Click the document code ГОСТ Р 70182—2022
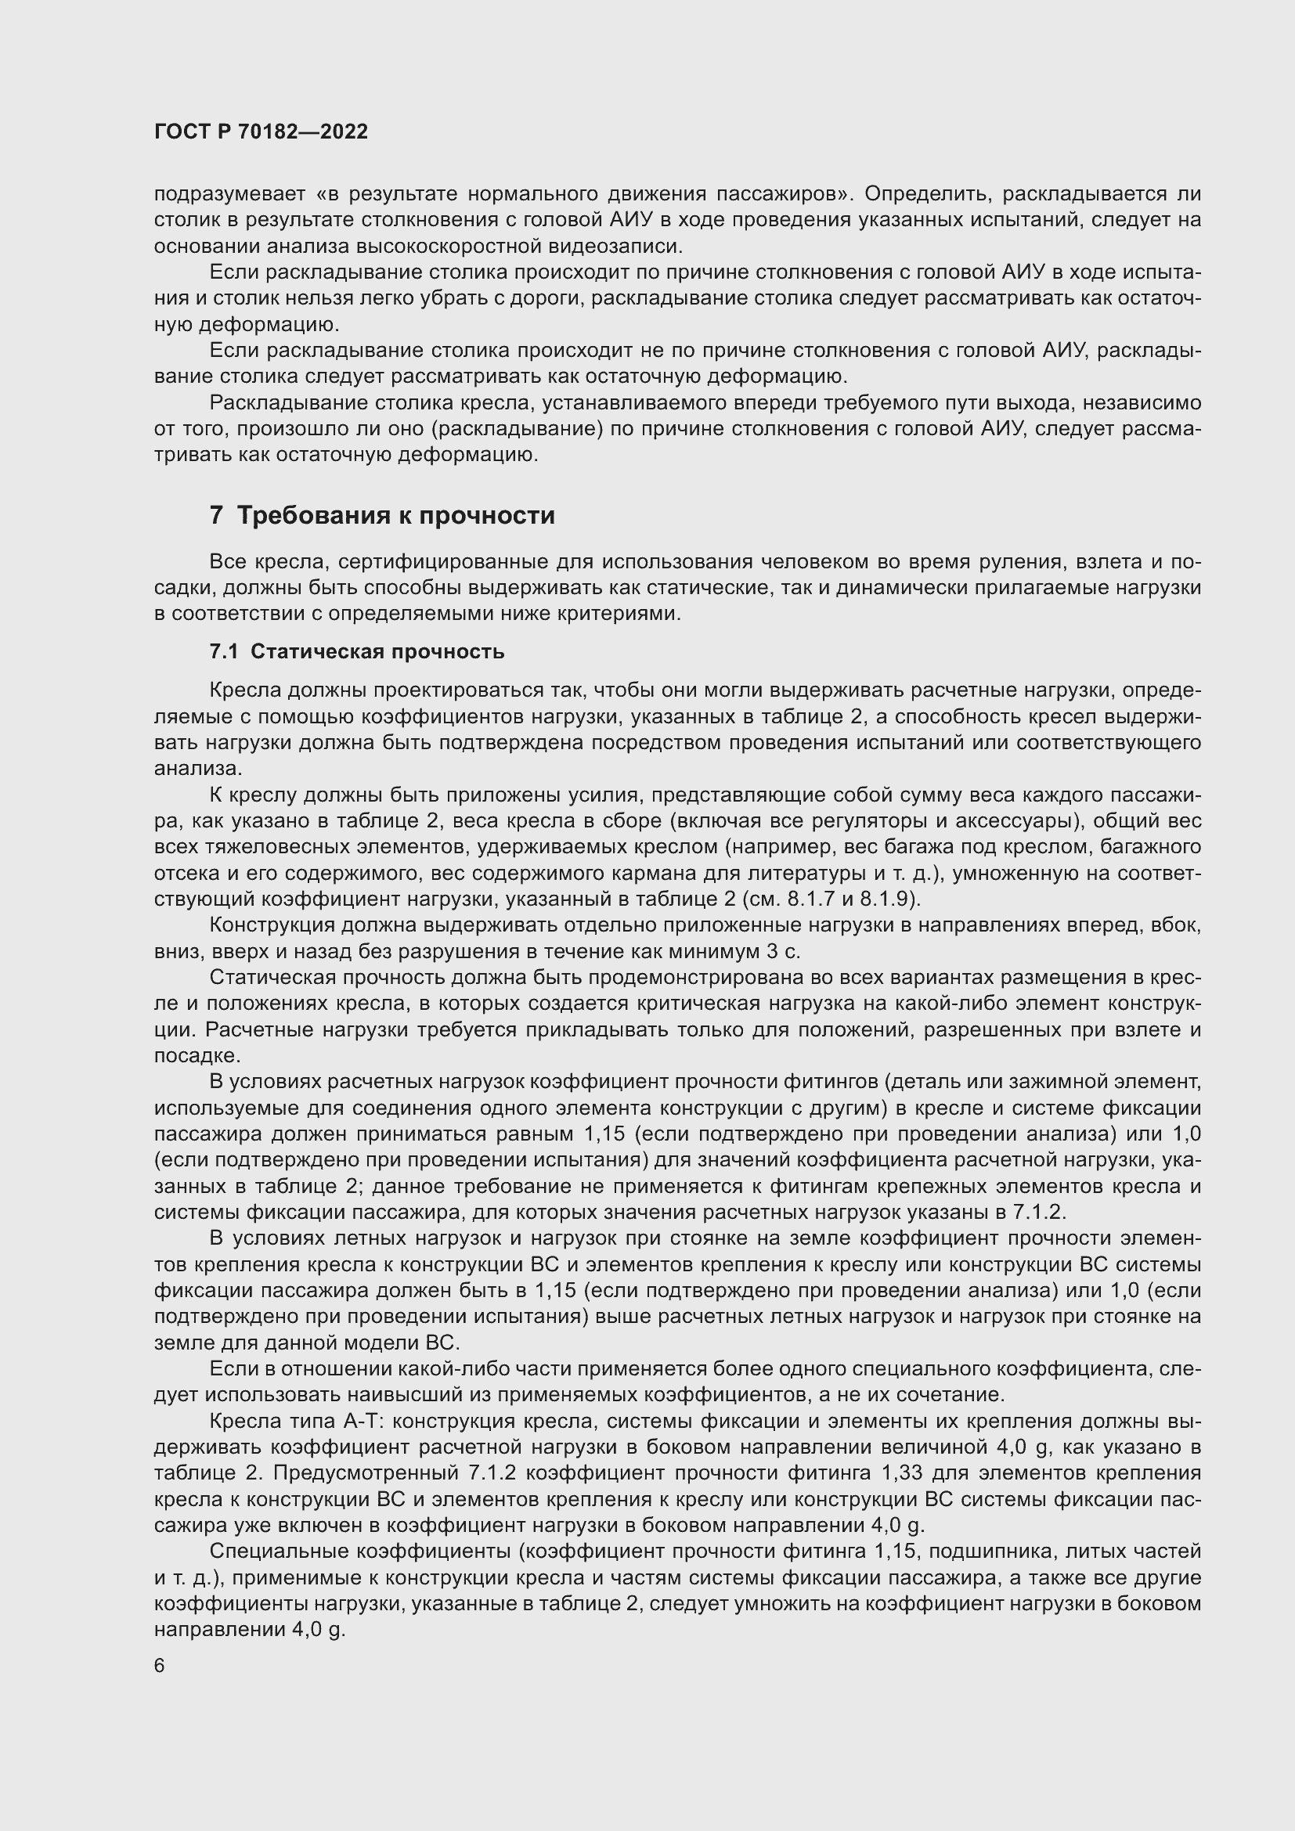pyautogui.click(x=261, y=132)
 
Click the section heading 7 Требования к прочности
pyautogui.click(x=382, y=516)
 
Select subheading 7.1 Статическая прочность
pyautogui.click(x=356, y=651)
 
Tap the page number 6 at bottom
pyautogui.click(x=160, y=1666)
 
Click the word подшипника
pyautogui.click(x=990, y=1551)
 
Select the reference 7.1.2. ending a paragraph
pyautogui.click(x=1039, y=1212)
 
